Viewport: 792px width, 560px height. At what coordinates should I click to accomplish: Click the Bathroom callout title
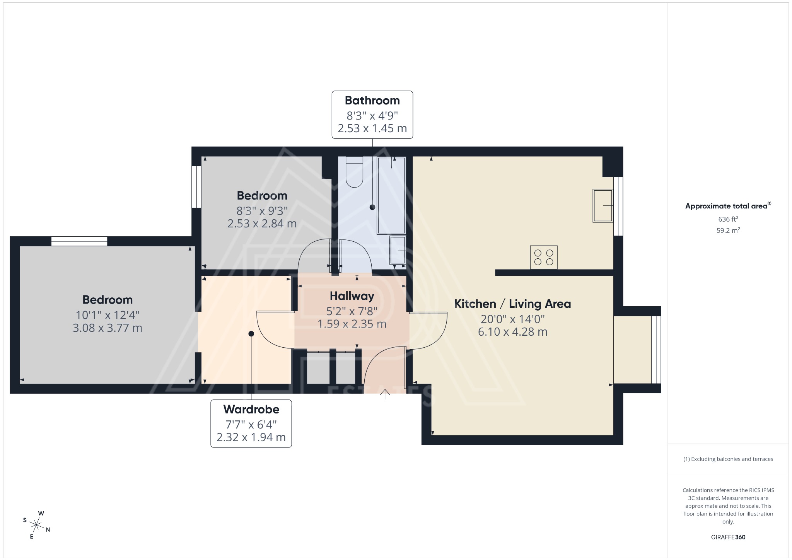pos(372,101)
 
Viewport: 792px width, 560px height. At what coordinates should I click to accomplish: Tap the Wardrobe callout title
pos(251,409)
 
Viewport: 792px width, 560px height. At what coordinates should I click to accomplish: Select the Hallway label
pos(352,296)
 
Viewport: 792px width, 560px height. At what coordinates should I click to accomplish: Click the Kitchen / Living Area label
pos(512,304)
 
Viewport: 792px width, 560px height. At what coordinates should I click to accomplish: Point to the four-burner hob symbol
pos(543,257)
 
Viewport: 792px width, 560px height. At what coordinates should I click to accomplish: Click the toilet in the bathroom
pos(354,172)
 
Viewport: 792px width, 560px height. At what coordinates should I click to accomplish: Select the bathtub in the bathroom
pos(391,195)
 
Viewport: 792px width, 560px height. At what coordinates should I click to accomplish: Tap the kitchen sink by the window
pos(603,206)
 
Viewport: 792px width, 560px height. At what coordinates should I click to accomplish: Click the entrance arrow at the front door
pos(385,394)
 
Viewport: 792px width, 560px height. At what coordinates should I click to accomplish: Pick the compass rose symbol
pos(36,525)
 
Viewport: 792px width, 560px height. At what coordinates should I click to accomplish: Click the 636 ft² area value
pos(728,219)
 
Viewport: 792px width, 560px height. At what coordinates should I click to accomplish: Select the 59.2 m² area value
pos(728,230)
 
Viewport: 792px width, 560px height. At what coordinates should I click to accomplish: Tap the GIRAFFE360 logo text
pos(728,537)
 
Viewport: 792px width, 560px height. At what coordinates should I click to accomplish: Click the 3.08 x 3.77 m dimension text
pos(108,328)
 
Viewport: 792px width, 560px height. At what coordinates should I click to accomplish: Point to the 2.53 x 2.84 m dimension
pos(262,224)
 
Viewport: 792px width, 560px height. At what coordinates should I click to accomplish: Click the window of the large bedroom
pos(79,241)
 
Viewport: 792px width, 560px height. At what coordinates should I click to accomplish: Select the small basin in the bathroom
pos(398,250)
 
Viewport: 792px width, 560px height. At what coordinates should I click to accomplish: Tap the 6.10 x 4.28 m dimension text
pos(512,332)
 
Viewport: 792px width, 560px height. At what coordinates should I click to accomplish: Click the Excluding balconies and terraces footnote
pos(728,459)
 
